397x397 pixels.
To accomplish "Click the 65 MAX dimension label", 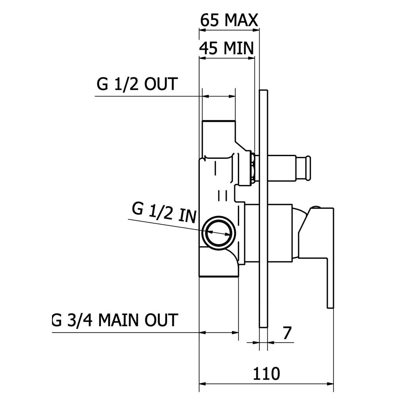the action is [229, 20].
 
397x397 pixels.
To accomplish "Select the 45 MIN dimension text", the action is [226, 48].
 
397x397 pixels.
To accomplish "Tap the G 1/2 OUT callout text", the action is [137, 84].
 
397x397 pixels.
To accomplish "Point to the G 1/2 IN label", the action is [164, 213].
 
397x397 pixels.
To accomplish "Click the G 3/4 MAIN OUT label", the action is [115, 320].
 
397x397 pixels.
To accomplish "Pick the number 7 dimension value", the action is [287, 333].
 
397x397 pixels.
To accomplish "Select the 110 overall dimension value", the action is [266, 374].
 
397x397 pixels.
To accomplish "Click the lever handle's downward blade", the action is [330, 283].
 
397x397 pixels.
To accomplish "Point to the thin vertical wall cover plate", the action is [264, 209].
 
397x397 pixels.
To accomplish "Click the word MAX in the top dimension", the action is [241, 20].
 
